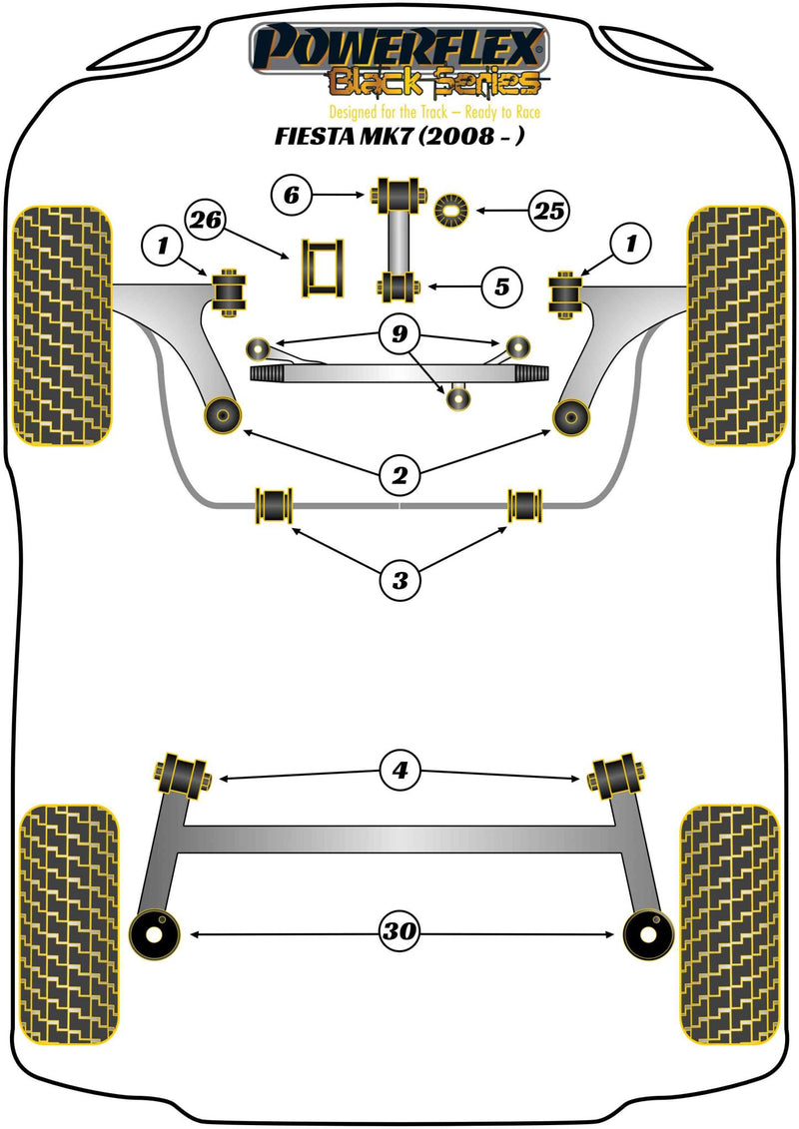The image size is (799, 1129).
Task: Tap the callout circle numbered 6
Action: point(292,196)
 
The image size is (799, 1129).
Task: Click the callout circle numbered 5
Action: point(500,287)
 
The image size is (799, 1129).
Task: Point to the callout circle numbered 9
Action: point(399,335)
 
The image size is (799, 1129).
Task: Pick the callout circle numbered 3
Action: point(399,579)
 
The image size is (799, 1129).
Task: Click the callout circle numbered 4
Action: point(399,770)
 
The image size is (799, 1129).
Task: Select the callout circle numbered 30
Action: point(399,933)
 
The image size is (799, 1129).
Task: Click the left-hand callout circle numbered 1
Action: point(162,243)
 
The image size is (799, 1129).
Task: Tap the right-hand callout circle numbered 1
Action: point(632,243)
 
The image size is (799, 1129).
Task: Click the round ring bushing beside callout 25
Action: point(453,211)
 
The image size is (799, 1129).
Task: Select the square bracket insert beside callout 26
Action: point(321,269)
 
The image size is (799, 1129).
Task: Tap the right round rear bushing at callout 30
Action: point(646,933)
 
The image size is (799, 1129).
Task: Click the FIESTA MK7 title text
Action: point(399,138)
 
